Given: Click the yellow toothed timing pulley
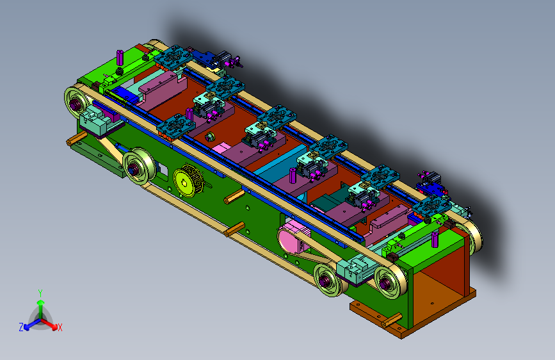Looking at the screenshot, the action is pyautogui.click(x=188, y=181).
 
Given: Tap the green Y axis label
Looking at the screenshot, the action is pyautogui.click(x=40, y=293).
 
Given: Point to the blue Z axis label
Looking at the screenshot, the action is pyautogui.click(x=21, y=327).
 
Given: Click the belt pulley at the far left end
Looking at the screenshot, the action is pyautogui.click(x=76, y=104).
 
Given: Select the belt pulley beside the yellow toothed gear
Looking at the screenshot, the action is pyautogui.click(x=138, y=167).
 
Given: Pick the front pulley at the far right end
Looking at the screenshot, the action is pyautogui.click(x=390, y=282).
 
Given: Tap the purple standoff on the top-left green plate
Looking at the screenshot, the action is pyautogui.click(x=120, y=58).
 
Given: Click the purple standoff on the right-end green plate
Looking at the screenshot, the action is pyautogui.click(x=435, y=240).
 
